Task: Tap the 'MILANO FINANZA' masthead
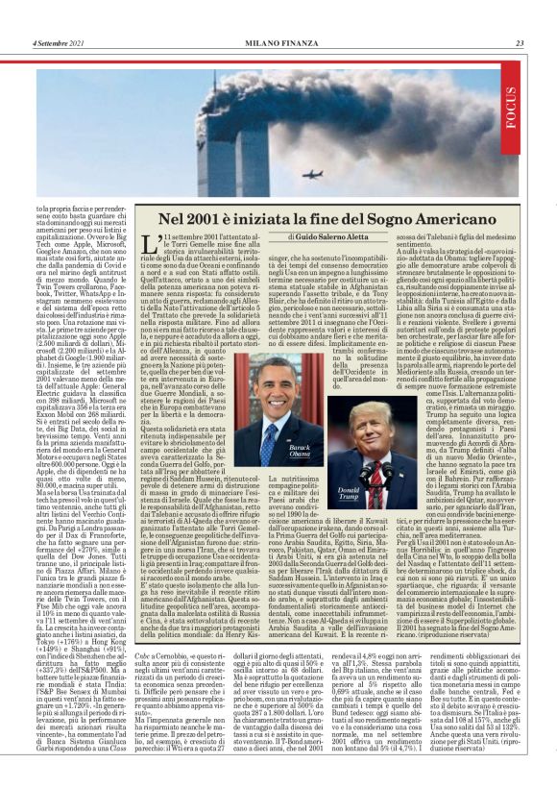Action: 278,42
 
